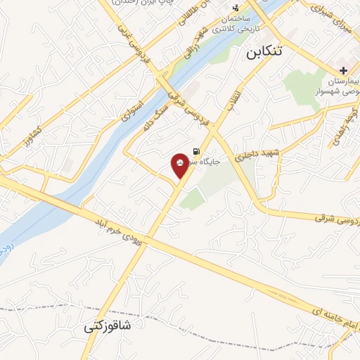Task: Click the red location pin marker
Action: pos(181,165)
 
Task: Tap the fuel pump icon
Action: pos(195,150)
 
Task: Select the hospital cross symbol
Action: pos(343,70)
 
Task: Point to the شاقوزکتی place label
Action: pos(108,326)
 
